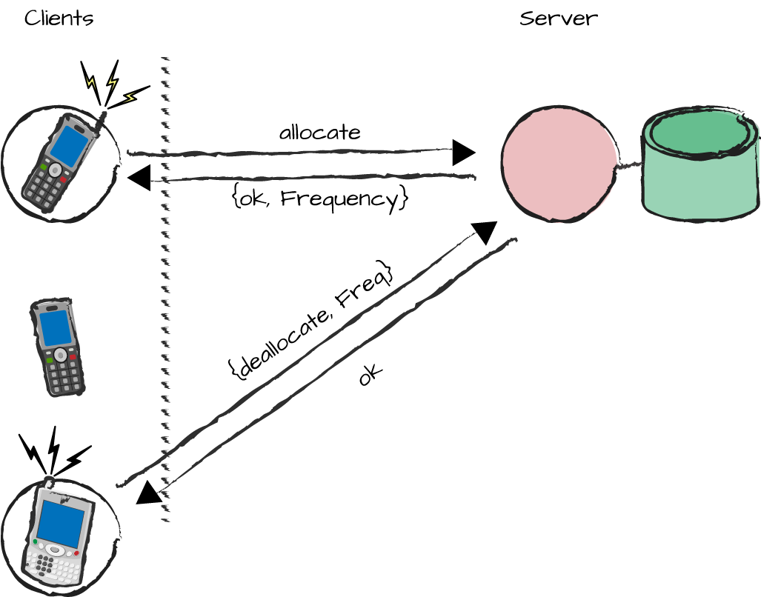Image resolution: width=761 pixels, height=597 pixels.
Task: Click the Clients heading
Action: click(59, 18)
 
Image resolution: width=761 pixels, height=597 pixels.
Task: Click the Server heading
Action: click(558, 18)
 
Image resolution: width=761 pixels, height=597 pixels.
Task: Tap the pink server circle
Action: click(559, 164)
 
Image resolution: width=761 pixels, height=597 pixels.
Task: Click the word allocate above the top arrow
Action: click(319, 133)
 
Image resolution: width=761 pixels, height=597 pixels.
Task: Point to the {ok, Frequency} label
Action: click(320, 199)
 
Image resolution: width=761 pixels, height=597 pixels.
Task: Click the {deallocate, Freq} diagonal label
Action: click(310, 320)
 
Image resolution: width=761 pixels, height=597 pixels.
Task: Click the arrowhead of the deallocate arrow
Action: click(485, 231)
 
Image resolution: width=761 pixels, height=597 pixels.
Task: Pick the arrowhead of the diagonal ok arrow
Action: click(150, 493)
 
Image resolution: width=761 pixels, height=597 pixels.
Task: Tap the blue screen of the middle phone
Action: click(54, 327)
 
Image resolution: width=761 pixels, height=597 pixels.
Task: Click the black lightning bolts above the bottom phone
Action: click(53, 452)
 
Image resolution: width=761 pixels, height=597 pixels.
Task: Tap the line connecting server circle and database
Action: click(629, 165)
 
